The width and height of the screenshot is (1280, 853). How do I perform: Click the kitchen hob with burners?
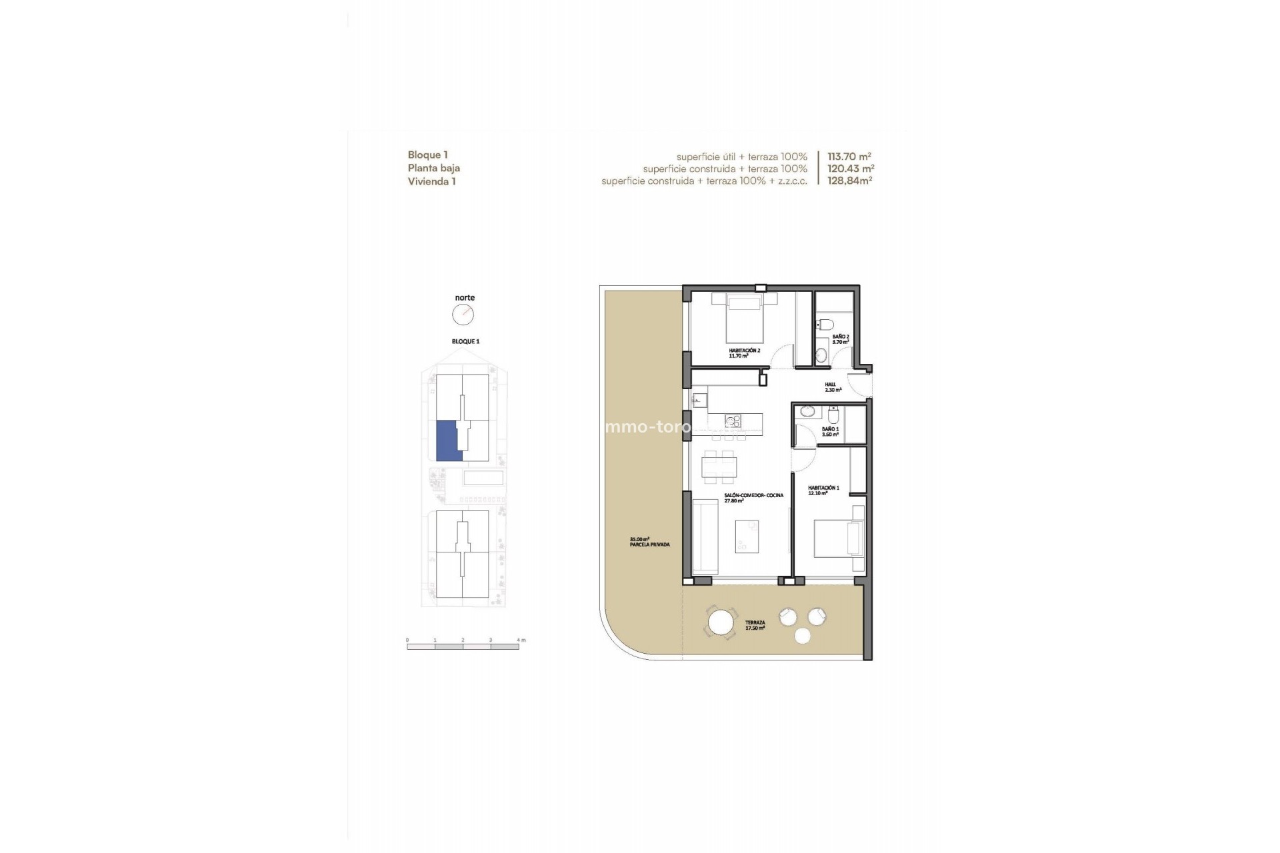(x=733, y=421)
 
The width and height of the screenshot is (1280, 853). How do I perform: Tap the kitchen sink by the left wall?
(x=699, y=400)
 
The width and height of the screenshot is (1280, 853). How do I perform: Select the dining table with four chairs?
(x=719, y=467)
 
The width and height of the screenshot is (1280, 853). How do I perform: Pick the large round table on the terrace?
(x=721, y=624)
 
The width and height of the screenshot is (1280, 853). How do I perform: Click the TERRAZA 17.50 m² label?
(x=755, y=624)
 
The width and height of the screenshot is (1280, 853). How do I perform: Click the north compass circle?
(x=463, y=314)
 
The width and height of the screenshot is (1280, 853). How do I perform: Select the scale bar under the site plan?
(x=463, y=646)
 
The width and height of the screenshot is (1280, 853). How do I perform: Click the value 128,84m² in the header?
(x=849, y=181)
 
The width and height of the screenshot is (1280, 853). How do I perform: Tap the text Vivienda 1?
(x=431, y=181)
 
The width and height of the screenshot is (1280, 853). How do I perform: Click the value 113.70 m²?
(x=849, y=157)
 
